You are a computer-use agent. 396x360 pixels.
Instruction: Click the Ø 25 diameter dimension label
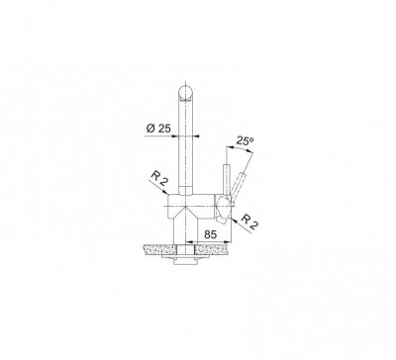coord(158,129)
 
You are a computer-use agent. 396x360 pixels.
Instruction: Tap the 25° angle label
coord(245,141)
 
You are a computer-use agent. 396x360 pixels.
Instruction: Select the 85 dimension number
coord(211,234)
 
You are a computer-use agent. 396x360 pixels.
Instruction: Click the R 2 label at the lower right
coord(249,222)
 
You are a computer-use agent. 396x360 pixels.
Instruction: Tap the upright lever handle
coord(227,179)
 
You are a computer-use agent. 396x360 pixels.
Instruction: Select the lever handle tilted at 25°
coord(239,185)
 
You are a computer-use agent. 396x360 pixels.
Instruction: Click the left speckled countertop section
coord(159,249)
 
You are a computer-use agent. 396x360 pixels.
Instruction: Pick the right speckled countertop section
coord(212,249)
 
